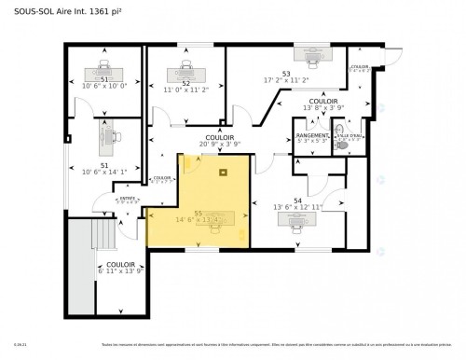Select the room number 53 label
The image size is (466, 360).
tap(287, 73)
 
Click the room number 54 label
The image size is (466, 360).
tap(298, 201)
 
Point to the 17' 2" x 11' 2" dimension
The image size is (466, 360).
tap(287, 80)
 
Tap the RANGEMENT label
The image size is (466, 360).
tap(311, 136)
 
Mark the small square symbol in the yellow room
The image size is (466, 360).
tap(222, 172)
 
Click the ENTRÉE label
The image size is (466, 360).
tap(128, 198)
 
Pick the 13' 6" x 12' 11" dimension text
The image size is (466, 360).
tap(298, 207)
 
